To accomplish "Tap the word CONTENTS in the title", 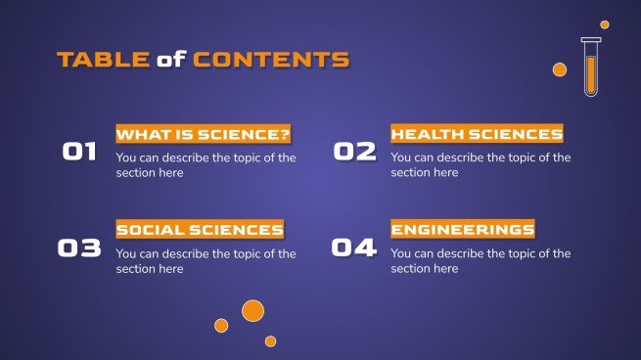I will [270, 60].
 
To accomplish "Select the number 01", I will [79, 152].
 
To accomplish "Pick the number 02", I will [354, 152].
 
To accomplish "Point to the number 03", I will [79, 248].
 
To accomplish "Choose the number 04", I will [354, 248].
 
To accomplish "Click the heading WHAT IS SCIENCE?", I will [204, 134].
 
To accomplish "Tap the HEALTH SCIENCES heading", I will [477, 134].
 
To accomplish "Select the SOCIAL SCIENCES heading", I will [200, 230].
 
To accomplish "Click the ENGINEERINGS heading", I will [463, 230].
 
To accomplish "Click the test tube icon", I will [590, 67].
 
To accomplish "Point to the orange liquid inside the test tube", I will [590, 75].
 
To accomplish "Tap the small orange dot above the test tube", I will [605, 24].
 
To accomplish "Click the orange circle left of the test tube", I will [560, 69].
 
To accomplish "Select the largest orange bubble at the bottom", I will [252, 311].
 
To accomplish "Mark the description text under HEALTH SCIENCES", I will [481, 164].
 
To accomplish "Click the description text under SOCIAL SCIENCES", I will [206, 261].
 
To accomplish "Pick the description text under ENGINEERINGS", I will [481, 261].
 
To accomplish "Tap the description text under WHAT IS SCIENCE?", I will [206, 164].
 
